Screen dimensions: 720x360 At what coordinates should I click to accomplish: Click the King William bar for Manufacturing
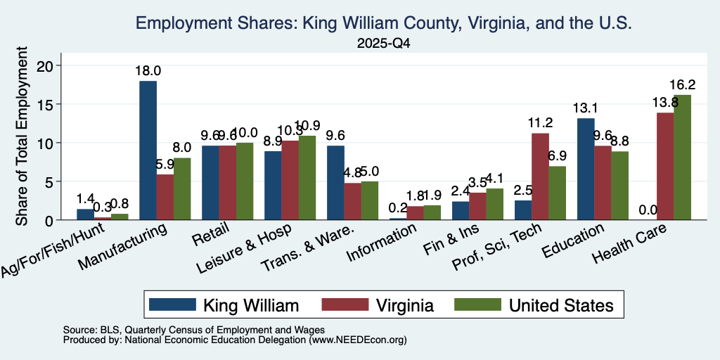click(x=148, y=150)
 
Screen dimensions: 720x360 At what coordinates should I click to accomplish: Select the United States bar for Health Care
click(x=682, y=157)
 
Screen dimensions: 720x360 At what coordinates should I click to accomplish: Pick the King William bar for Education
click(x=586, y=169)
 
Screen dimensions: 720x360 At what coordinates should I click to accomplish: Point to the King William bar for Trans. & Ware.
click(x=335, y=183)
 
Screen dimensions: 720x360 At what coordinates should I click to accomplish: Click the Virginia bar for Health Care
click(x=665, y=166)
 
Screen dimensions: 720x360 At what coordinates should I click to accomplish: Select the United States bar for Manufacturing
click(x=182, y=188)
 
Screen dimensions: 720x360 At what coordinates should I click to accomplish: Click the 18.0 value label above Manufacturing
click(x=148, y=71)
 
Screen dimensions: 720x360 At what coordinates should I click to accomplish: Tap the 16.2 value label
click(x=682, y=85)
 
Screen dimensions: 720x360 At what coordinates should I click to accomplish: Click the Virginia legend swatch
click(x=345, y=304)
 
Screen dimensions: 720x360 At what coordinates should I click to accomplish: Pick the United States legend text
click(x=561, y=305)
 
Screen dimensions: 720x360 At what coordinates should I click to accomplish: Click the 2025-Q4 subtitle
click(x=383, y=44)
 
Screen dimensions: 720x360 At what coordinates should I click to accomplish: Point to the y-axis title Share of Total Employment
click(x=22, y=136)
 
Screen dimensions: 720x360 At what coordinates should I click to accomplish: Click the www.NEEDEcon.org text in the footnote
click(x=358, y=340)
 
